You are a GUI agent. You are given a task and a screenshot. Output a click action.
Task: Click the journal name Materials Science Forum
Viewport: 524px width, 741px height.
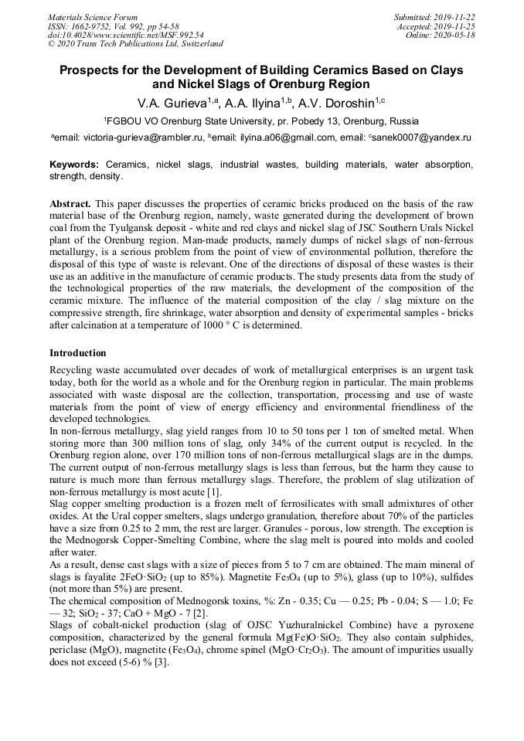(x=93, y=16)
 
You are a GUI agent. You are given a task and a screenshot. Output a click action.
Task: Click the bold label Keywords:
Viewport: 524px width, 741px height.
(x=74, y=165)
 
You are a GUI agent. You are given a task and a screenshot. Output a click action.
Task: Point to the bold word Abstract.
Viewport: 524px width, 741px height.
(x=70, y=202)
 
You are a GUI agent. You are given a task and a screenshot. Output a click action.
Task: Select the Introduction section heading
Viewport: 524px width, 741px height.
(x=78, y=353)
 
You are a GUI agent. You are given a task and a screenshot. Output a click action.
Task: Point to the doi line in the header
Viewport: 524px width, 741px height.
(x=125, y=35)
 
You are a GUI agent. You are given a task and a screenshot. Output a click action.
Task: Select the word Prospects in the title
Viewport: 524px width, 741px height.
(x=97, y=70)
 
